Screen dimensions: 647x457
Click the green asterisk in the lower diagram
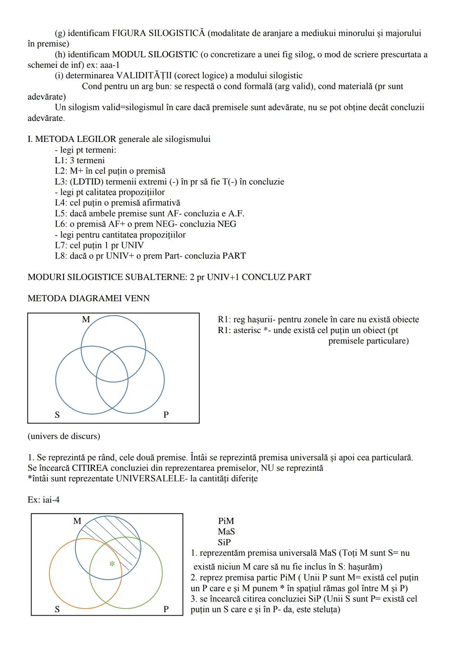(112, 564)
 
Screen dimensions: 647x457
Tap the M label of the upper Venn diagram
(86, 319)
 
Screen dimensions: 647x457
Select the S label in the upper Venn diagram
(57, 415)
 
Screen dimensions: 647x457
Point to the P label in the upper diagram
(166, 415)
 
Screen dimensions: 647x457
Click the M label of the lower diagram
(77, 521)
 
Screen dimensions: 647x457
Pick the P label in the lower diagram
(166, 609)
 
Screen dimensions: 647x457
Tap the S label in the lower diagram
(57, 609)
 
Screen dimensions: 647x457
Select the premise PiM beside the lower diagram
(226, 521)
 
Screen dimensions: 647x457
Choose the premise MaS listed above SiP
(226, 532)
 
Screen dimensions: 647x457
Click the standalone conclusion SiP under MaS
(225, 542)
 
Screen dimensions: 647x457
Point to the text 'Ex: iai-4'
(44, 500)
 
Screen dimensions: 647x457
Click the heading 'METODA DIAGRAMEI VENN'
(88, 298)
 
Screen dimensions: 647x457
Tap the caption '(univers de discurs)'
(64, 436)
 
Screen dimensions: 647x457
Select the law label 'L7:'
(61, 245)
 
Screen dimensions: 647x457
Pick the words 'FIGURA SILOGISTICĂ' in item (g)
(158, 33)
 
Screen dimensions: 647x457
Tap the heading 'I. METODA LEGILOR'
(72, 139)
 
